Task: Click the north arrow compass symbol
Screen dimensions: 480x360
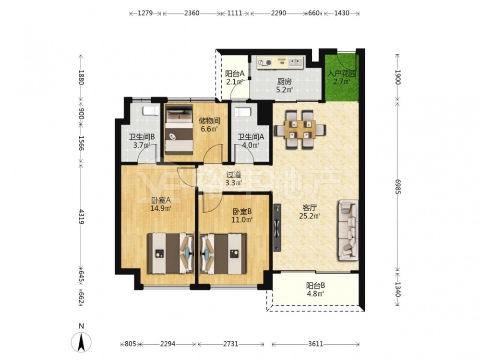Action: pos(81,342)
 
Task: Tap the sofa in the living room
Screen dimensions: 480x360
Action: pos(348,230)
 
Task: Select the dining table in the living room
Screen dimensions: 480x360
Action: pos(300,130)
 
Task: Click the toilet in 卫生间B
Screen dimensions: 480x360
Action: pos(151,110)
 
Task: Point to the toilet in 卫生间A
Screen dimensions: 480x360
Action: pos(243,112)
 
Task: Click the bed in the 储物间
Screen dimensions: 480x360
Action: pos(179,130)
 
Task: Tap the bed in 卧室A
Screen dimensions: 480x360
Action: pos(171,254)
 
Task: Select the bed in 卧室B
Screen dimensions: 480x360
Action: pos(223,254)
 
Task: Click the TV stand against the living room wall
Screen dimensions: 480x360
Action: pos(277,228)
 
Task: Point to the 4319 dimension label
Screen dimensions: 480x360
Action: pos(81,216)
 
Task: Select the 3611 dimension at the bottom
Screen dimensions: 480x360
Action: pos(315,344)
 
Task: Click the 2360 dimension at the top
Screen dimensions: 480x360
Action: pos(192,13)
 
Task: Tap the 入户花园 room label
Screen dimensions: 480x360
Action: pos(342,74)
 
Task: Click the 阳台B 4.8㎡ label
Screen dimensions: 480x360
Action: pos(316,290)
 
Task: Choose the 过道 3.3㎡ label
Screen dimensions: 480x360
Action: pos(234,179)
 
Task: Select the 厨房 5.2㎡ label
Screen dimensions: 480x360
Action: pos(284,86)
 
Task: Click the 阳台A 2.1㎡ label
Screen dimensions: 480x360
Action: pos(235,77)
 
